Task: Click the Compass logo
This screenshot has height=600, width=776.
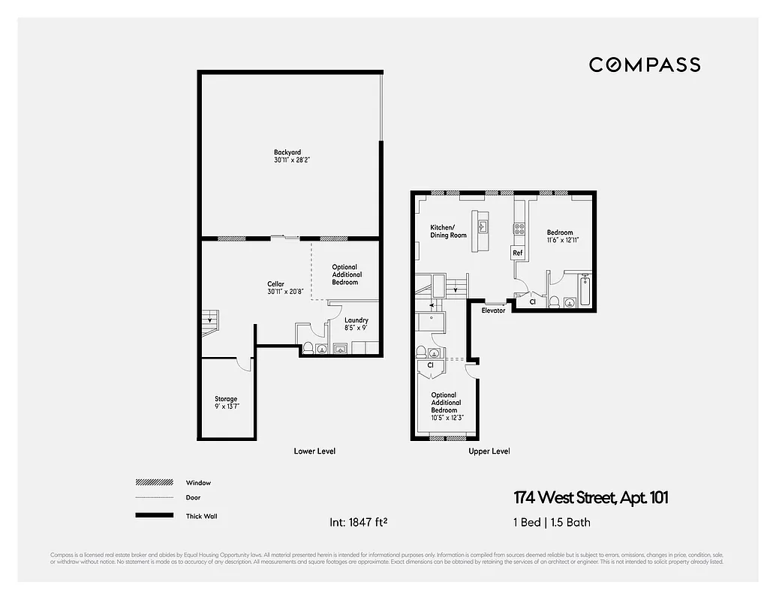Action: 644,64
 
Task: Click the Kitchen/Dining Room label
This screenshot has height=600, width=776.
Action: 448,231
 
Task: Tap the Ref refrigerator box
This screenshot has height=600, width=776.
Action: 518,253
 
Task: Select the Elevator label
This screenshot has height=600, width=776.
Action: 493,310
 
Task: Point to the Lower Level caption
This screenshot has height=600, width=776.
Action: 314,451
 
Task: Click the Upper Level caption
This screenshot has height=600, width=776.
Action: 489,451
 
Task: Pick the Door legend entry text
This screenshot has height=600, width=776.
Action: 193,497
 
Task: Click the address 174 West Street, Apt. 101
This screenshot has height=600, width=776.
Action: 591,497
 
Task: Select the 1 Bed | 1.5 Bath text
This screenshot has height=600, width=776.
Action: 552,522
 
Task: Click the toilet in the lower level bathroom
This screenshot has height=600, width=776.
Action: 308,347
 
